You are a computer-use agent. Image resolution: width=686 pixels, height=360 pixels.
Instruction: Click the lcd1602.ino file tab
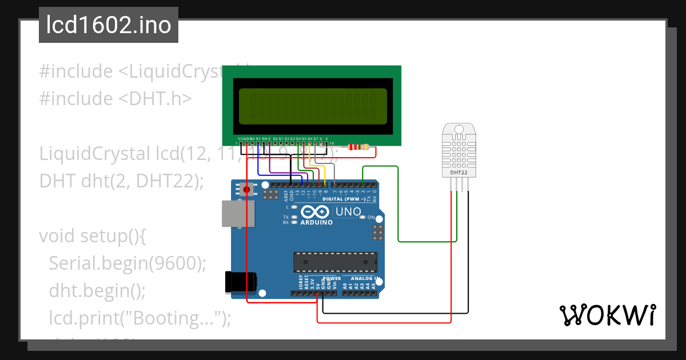(x=108, y=25)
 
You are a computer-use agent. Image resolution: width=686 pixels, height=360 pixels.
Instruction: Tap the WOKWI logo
(x=607, y=315)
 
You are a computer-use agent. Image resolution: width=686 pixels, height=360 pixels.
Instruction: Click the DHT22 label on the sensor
(x=459, y=172)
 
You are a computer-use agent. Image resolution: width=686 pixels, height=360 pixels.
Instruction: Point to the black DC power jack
(x=241, y=281)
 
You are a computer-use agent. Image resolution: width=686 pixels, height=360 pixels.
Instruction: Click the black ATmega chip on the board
(x=336, y=262)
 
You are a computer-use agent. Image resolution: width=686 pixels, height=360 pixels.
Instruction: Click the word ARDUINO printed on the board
(x=316, y=222)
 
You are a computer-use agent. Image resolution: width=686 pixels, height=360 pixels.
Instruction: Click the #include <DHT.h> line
(x=115, y=99)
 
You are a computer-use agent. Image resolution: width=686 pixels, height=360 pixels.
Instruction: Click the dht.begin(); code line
(x=97, y=290)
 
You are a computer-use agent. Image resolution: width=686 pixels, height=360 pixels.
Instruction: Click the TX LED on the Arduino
(x=294, y=217)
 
